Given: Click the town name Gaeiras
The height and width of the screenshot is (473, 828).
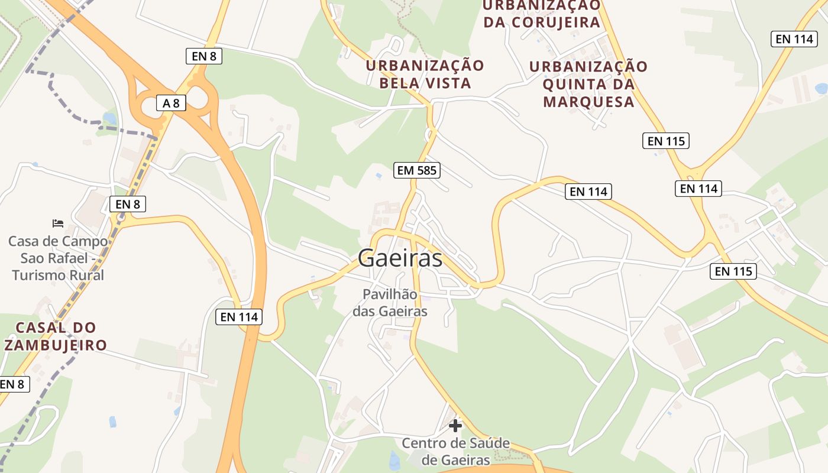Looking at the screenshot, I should point(400,258).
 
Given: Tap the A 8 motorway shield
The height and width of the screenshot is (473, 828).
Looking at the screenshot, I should point(171,103).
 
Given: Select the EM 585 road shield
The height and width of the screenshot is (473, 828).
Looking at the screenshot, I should point(417,171).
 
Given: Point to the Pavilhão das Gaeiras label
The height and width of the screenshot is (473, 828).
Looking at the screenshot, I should point(390,302).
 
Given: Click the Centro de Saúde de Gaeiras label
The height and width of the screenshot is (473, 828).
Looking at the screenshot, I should point(455,451).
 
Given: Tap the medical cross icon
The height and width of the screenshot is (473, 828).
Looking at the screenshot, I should point(455,425).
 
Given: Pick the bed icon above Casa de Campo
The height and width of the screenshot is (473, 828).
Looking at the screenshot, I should point(57,223).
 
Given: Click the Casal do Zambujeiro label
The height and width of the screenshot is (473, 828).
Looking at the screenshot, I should point(56,336).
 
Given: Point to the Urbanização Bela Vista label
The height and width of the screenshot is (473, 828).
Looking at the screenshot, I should point(425,74).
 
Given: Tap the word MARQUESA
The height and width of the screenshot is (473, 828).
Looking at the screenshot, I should point(588,102).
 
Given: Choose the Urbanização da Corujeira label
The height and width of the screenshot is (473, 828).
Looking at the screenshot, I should point(542,14).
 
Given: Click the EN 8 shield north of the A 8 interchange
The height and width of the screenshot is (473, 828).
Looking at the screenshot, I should point(204,56).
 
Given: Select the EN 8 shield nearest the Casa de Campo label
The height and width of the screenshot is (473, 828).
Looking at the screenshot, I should point(127,205).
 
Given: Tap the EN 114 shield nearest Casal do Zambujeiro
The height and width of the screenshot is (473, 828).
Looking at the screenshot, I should point(239,317).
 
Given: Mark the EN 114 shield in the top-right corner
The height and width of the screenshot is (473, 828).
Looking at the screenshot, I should point(794,39).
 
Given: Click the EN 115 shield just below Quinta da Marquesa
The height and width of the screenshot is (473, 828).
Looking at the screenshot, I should point(665,141).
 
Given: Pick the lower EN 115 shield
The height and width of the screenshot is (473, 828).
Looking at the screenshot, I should point(733,271).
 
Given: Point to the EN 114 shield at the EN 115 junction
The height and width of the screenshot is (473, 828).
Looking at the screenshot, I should point(698,189).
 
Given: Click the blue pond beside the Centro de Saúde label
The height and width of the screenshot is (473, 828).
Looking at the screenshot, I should point(394,459).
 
